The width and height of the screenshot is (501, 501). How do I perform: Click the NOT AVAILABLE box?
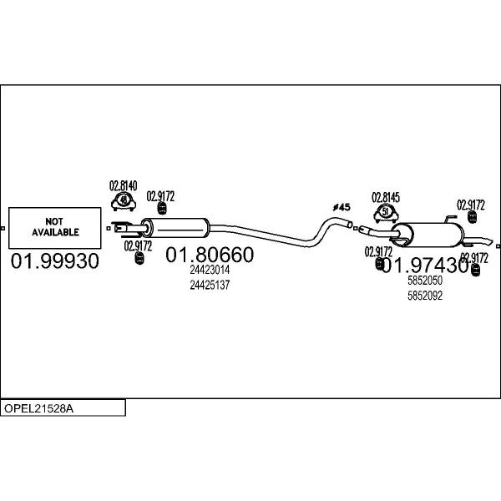click(56, 227)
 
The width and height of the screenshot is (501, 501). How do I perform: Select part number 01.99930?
click(55, 261)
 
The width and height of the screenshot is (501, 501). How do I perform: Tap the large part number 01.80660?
click(210, 254)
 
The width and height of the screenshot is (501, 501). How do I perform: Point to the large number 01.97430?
click(425, 266)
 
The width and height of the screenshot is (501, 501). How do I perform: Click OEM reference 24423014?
click(210, 270)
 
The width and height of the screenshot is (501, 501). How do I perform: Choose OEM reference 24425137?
click(210, 285)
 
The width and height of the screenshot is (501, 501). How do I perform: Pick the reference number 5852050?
click(425, 281)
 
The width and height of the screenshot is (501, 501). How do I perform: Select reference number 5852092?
click(425, 295)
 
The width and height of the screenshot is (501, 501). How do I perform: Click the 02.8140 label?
click(123, 185)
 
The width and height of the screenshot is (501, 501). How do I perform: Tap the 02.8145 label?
click(386, 197)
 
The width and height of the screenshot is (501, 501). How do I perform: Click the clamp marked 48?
click(124, 200)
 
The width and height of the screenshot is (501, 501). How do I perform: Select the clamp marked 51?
click(385, 211)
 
